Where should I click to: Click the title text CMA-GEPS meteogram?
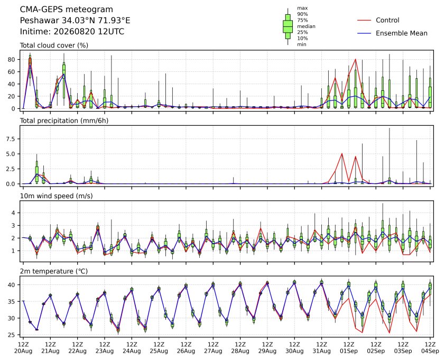tap(67, 10)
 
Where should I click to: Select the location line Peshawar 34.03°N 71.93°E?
tap(75, 21)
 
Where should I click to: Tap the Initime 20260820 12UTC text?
tap(72, 31)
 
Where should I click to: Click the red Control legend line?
tap(364, 21)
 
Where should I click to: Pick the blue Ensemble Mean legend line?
tap(364, 33)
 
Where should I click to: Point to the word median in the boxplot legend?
tap(306, 26)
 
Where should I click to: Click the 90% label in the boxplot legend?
tap(302, 14)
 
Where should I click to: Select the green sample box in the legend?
tap(288, 26)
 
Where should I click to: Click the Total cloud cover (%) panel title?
tap(54, 45)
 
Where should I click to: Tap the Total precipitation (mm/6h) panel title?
tap(64, 121)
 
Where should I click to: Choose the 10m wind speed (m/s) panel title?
tap(56, 196)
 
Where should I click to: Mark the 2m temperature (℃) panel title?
tap(54, 271)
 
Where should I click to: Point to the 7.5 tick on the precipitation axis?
tap(11, 139)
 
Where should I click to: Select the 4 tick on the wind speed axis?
tap(13, 213)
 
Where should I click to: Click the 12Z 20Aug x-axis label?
tap(23, 348)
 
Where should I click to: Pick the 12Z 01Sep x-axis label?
tap(349, 348)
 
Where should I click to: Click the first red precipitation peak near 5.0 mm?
tap(342, 154)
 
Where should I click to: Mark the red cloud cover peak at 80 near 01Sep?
tap(356, 59)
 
